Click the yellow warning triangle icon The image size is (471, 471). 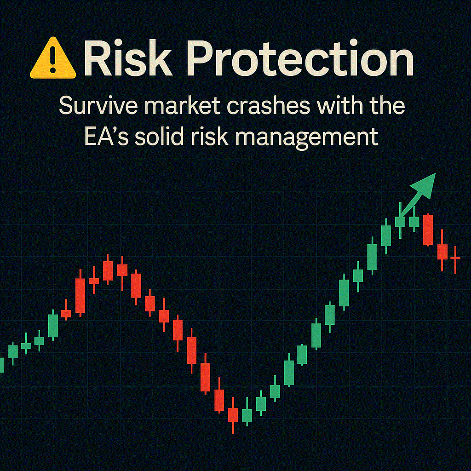tap(53, 58)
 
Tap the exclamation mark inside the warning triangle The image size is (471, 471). tap(53, 59)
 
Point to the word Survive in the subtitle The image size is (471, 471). tap(99, 106)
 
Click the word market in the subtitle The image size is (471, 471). tap(184, 106)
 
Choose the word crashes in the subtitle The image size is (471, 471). tap(268, 106)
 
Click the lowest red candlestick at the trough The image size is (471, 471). tap(233, 415)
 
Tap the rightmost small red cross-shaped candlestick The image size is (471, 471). tap(455, 259)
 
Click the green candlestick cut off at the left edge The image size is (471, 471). tap(2, 365)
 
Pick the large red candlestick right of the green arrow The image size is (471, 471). tap(428, 230)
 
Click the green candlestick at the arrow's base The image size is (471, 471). tap(400, 222)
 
